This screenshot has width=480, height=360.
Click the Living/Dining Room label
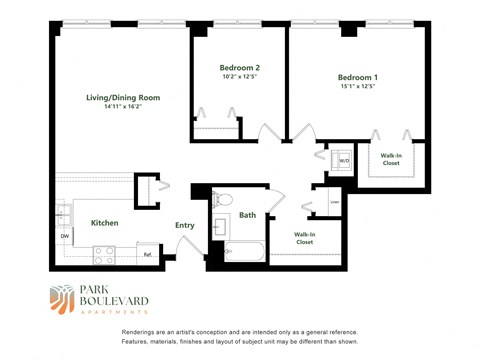click(122, 98)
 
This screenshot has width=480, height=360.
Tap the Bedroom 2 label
click(239, 68)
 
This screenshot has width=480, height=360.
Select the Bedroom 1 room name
click(357, 77)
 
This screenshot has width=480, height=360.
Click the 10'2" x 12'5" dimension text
click(239, 78)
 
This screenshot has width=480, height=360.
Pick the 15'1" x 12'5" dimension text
click(357, 87)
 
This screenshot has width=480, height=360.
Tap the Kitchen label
click(105, 223)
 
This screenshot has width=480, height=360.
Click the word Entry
click(185, 225)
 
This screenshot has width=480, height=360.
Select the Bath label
click(247, 215)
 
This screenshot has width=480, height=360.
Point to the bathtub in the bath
click(243, 251)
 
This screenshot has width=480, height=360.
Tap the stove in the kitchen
click(105, 253)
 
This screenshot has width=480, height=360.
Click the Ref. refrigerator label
click(148, 255)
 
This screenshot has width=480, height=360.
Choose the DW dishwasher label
click(64, 237)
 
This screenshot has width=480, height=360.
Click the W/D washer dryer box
click(343, 160)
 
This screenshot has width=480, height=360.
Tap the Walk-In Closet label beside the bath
click(304, 238)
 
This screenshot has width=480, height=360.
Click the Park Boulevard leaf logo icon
click(62, 297)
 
